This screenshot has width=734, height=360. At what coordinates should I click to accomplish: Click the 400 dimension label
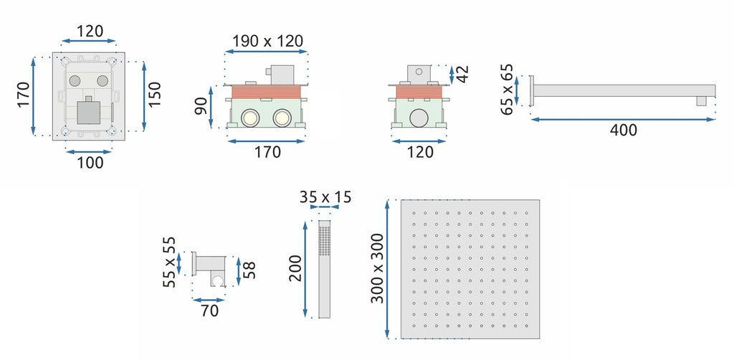[624, 130]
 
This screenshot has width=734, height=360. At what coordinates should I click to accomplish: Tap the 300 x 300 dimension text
[377, 268]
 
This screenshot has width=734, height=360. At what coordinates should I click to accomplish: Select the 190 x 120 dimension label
[268, 41]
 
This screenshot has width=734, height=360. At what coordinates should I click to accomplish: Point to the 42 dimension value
[462, 74]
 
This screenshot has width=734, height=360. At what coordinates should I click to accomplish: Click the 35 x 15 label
[325, 197]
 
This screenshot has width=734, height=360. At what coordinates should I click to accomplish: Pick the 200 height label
[295, 268]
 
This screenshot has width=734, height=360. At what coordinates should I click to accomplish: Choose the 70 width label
[209, 311]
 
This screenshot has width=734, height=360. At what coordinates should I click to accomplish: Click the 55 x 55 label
[169, 262]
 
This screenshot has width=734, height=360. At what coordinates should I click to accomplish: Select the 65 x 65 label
[507, 90]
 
